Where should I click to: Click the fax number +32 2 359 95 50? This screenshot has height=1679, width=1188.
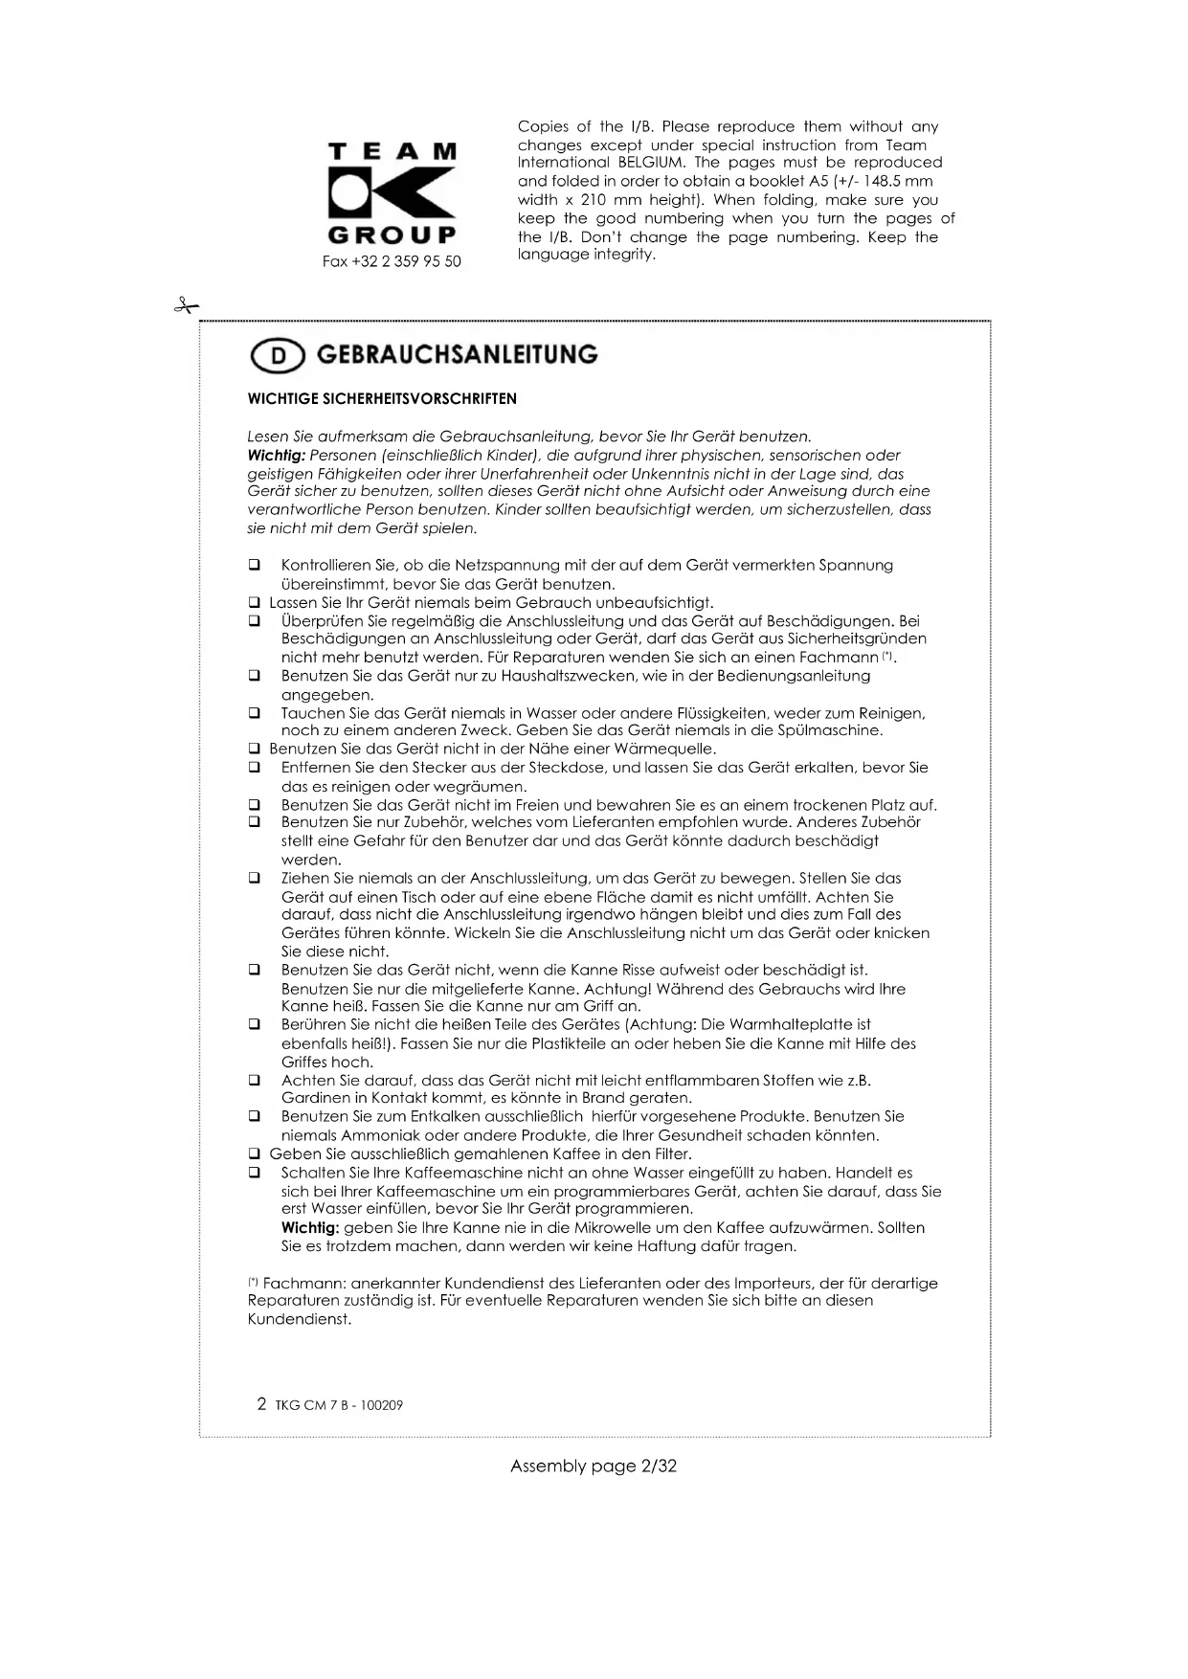coord(392,261)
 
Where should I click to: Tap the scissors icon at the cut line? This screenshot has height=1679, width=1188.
coord(185,306)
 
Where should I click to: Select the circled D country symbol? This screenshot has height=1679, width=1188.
coord(277,356)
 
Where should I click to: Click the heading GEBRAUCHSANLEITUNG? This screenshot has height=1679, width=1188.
coord(457,355)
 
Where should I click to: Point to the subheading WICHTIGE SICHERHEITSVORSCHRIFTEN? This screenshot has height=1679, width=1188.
coord(382,399)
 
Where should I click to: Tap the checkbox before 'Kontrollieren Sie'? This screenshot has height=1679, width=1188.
coord(255,566)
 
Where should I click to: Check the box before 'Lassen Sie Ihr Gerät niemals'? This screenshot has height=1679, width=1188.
coord(255,603)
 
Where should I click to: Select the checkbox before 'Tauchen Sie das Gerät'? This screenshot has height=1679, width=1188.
coord(255,713)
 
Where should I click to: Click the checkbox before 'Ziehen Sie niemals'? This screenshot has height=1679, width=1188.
coord(255,878)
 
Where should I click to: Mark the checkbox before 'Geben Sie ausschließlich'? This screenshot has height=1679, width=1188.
coord(255,1154)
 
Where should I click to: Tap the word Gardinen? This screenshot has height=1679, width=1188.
coord(311,1099)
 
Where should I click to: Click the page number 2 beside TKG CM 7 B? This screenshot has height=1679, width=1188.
coord(261,1404)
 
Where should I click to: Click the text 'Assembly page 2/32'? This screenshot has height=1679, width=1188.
coord(594,1466)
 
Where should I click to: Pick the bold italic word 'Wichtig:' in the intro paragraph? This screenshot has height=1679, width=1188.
coord(276,456)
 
